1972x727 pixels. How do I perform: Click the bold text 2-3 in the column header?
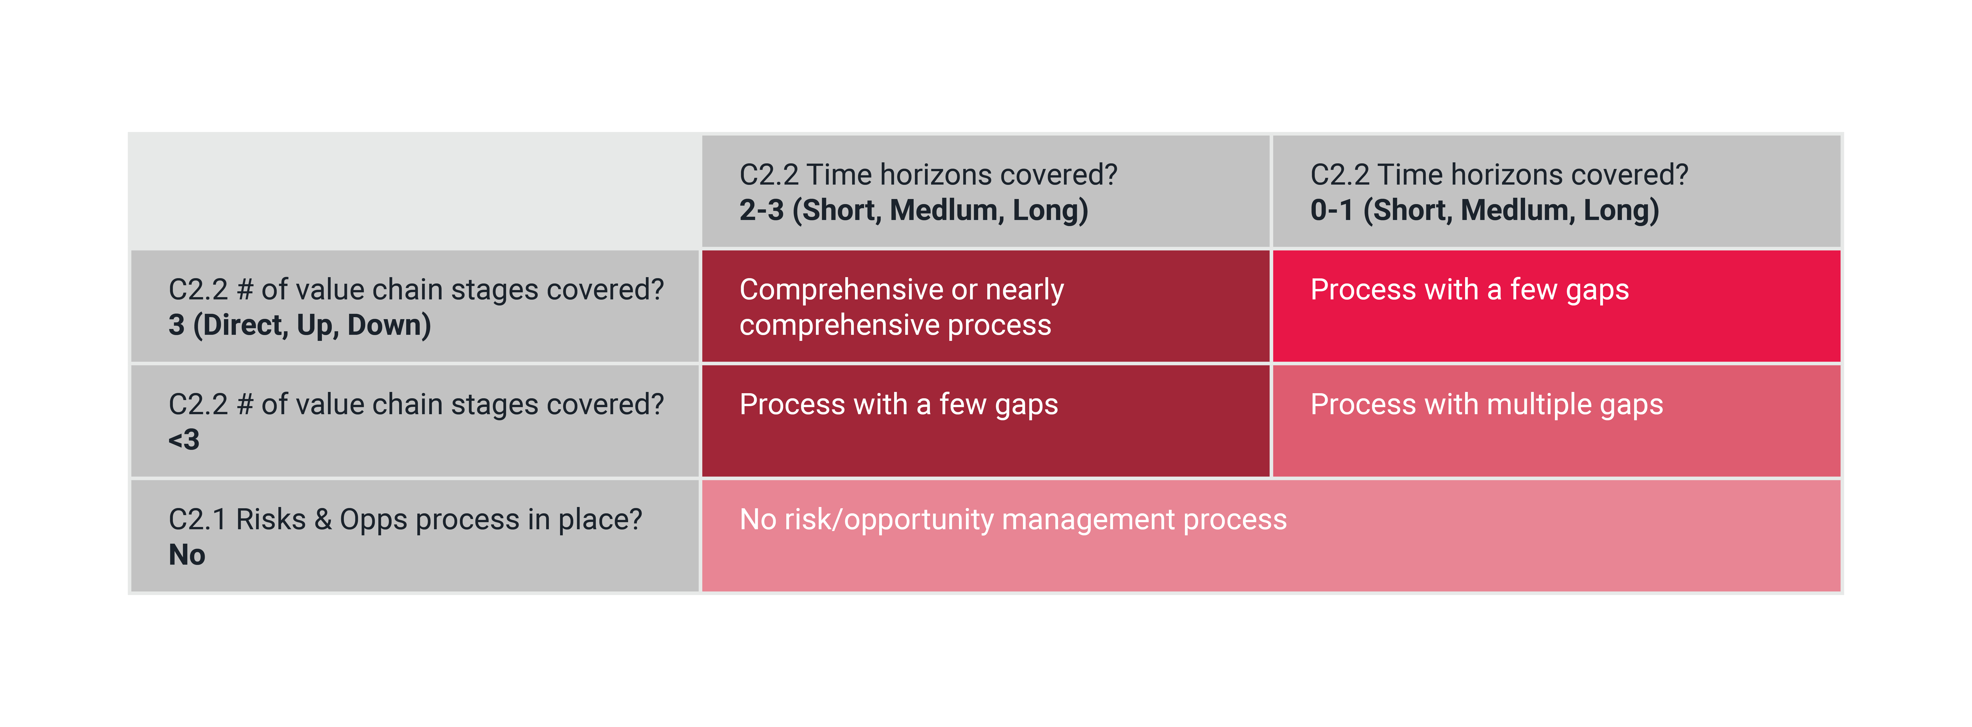pyautogui.click(x=761, y=210)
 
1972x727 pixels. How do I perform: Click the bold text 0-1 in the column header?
pyautogui.click(x=1332, y=210)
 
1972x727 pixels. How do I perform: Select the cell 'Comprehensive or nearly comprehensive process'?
pyautogui.click(x=985, y=306)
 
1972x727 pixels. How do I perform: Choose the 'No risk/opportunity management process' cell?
pyautogui.click(x=1271, y=536)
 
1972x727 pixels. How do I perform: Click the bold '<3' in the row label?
pyautogui.click(x=184, y=440)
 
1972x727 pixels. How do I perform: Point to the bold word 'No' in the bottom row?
pyautogui.click(x=187, y=555)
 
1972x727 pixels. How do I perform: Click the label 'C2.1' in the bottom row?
pyautogui.click(x=197, y=520)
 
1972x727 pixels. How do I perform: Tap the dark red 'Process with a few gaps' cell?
pyautogui.click(x=985, y=421)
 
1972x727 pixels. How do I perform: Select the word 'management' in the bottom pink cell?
pyautogui.click(x=1087, y=520)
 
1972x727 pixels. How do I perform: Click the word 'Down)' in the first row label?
pyautogui.click(x=389, y=325)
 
